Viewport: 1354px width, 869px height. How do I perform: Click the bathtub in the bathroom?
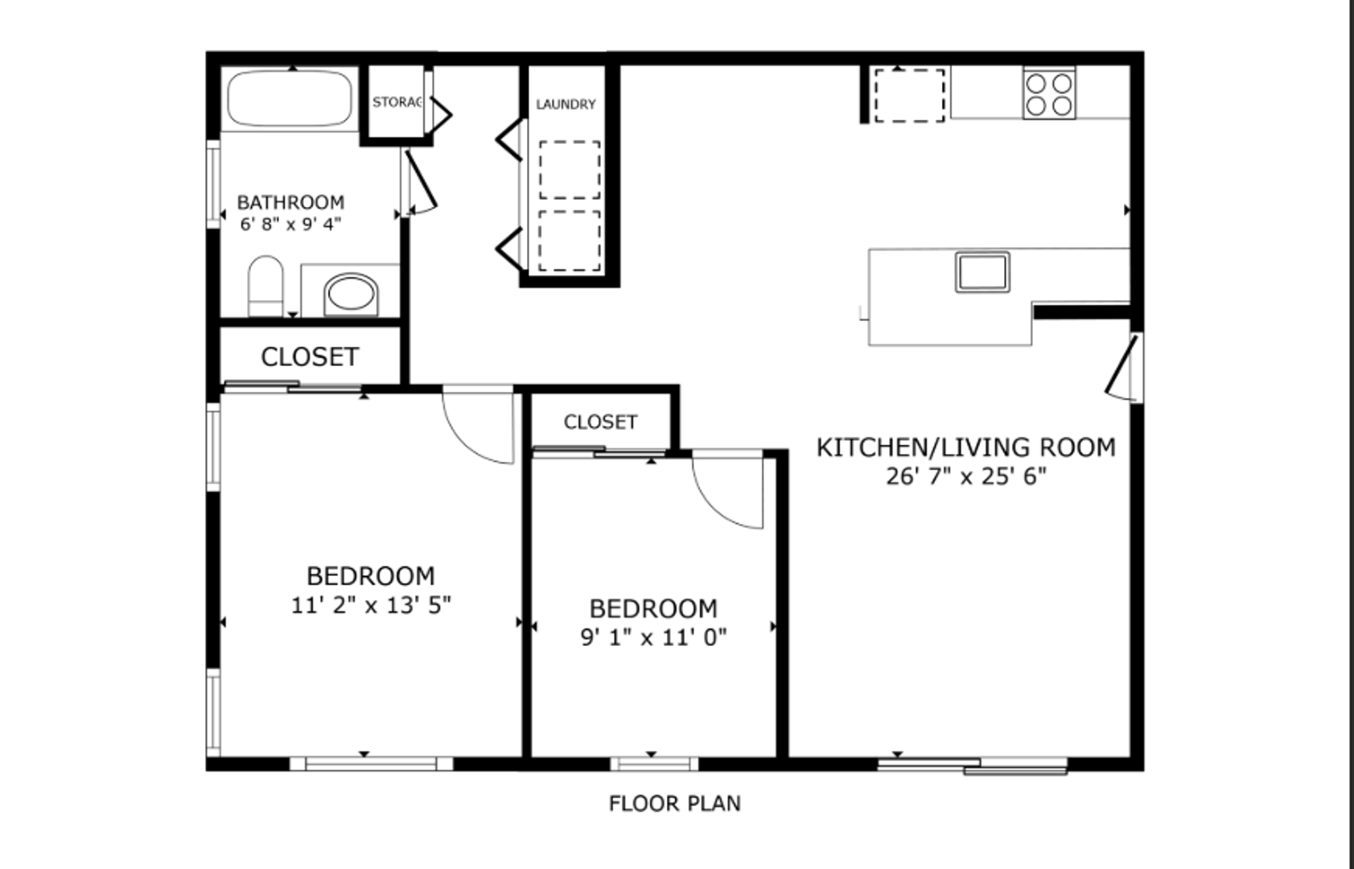click(290, 99)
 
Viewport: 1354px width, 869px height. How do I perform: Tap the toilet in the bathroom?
click(265, 286)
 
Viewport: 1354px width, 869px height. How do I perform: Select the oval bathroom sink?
click(351, 294)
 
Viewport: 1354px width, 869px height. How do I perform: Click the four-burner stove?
click(1049, 93)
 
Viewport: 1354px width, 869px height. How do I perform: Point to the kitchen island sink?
click(982, 272)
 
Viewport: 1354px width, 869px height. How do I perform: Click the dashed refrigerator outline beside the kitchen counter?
click(910, 96)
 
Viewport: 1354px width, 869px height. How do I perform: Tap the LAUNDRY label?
click(566, 105)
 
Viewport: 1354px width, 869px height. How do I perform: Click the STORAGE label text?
click(397, 102)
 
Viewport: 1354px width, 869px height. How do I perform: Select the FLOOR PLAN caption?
click(674, 804)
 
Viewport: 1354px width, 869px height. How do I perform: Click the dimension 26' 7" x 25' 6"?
click(966, 477)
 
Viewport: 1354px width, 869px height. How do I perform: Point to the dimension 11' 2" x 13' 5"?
click(371, 605)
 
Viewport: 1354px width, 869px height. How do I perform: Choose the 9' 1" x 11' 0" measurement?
click(653, 637)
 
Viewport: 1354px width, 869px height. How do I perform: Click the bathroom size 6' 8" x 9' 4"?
click(290, 224)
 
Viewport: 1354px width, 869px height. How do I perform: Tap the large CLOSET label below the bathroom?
click(310, 356)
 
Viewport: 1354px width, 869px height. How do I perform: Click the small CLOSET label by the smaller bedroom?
click(600, 422)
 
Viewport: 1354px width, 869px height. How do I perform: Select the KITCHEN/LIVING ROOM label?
click(966, 447)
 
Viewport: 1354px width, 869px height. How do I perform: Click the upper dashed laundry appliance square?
click(570, 170)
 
